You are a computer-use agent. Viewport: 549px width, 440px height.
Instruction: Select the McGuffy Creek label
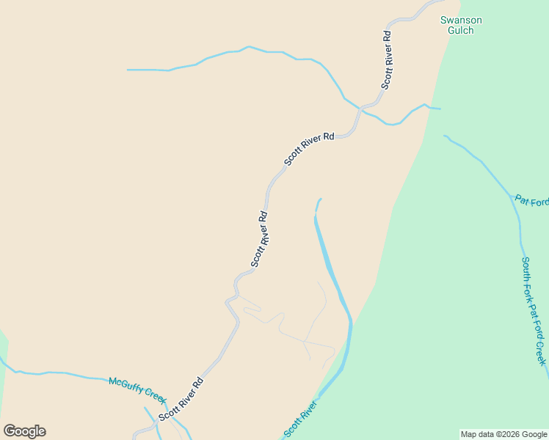(x=137, y=389)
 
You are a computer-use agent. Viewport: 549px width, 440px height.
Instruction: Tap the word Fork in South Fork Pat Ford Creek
(x=530, y=292)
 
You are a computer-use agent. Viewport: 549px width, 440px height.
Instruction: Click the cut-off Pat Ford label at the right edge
(x=531, y=200)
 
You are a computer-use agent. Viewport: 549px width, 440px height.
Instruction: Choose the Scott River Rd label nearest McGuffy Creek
(x=181, y=399)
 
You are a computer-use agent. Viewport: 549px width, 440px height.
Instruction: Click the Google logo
(x=24, y=430)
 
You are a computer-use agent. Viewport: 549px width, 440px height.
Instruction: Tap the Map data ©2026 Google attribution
(x=503, y=434)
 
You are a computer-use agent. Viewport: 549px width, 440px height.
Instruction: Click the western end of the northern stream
(x=128, y=70)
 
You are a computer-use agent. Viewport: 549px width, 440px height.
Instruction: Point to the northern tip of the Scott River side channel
(x=320, y=199)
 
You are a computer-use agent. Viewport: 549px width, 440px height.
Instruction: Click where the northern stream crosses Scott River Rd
(x=360, y=109)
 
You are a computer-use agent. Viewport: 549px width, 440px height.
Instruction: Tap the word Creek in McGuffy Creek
(x=154, y=397)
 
